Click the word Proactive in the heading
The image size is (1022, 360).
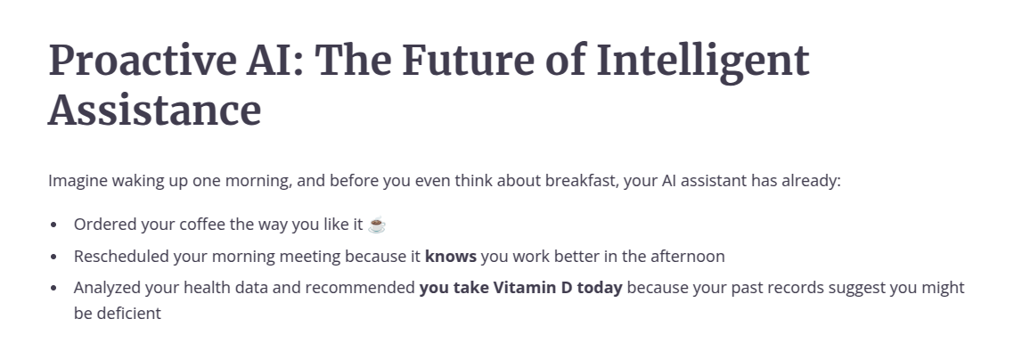click(142, 60)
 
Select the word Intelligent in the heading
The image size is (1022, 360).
click(703, 63)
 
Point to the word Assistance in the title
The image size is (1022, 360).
click(154, 110)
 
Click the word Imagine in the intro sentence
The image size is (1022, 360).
click(78, 181)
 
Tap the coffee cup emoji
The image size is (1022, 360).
click(377, 225)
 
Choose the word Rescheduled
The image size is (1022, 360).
click(121, 257)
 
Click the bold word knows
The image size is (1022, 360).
click(450, 257)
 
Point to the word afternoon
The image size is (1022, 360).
click(688, 257)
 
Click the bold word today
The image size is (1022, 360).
click(600, 288)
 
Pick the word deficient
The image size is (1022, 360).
click(128, 313)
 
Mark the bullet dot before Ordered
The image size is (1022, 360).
click(53, 225)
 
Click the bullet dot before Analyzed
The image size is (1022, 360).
click(53, 288)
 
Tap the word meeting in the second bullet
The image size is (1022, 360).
click(310, 257)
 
